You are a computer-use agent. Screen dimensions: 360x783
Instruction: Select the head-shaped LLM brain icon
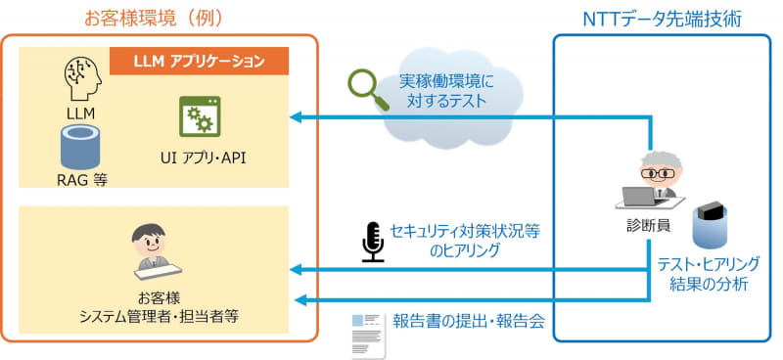[x=80, y=79]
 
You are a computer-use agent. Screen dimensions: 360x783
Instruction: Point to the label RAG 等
[x=81, y=179]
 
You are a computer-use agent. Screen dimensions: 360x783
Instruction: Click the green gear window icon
[x=199, y=117]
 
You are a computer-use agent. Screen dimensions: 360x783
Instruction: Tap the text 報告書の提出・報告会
[x=468, y=320]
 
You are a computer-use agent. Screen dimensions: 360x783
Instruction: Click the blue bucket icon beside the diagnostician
[x=711, y=226]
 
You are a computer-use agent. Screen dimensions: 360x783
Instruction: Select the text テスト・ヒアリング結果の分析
[x=710, y=274]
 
